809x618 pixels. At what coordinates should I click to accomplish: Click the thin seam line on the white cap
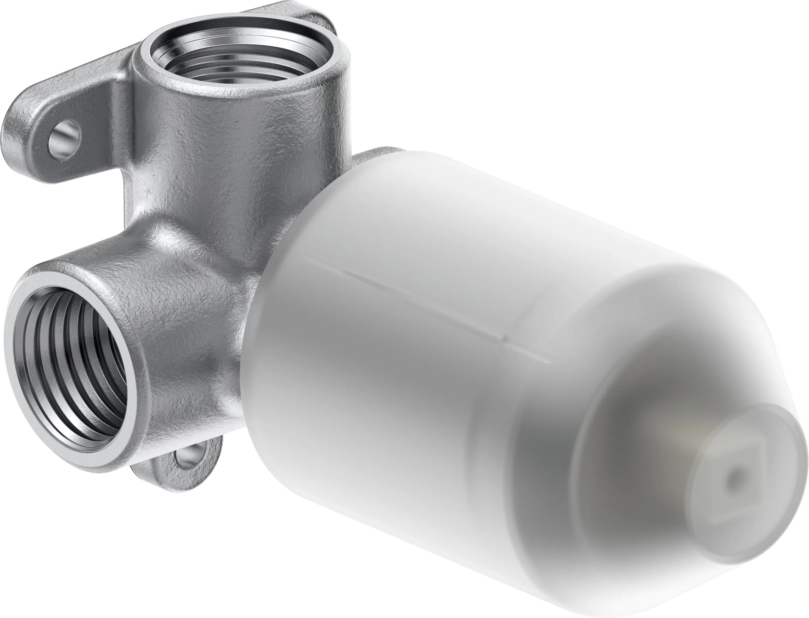coord(423,302)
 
